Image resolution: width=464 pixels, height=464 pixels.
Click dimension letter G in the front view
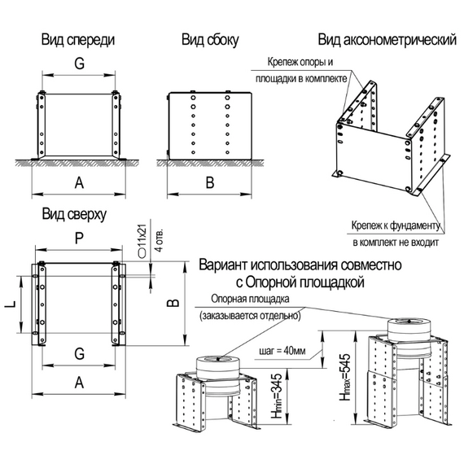pyautogui.click(x=77, y=63)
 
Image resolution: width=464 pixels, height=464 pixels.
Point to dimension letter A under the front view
pyautogui.click(x=78, y=183)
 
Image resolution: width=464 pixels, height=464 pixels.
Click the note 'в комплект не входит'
pyautogui.click(x=396, y=242)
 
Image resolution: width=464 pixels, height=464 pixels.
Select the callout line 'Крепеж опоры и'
pyautogui.click(x=300, y=62)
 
